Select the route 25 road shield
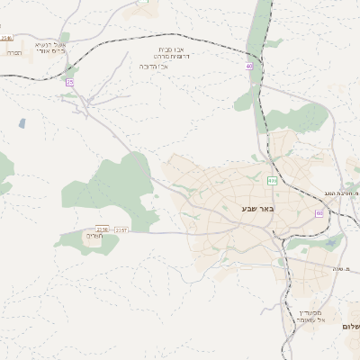(x=69, y=82)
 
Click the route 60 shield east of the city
(x=319, y=213)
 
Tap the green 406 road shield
(x=272, y=180)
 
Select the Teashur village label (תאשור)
(x=94, y=237)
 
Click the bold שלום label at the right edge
(x=350, y=326)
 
